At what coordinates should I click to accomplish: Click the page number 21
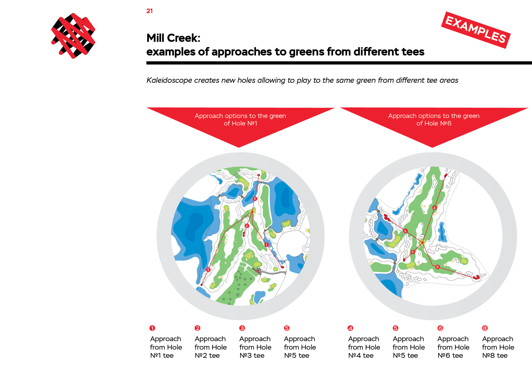pyautogui.click(x=150, y=11)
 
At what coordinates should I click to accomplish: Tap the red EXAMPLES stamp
pyautogui.click(x=476, y=30)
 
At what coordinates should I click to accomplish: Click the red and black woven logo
pyautogui.click(x=73, y=36)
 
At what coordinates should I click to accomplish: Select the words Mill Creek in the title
pyautogui.click(x=173, y=38)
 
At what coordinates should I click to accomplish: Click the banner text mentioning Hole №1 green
pyautogui.click(x=240, y=119)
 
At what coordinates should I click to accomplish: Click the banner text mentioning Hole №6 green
pyautogui.click(x=434, y=119)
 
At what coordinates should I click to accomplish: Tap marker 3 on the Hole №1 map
pyautogui.click(x=208, y=270)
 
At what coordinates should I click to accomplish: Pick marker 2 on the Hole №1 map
pyautogui.click(x=247, y=226)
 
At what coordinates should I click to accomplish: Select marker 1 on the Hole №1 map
pyautogui.click(x=266, y=244)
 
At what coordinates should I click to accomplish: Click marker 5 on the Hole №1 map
pyautogui.click(x=255, y=199)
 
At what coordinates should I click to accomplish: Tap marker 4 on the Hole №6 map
pyautogui.click(x=434, y=208)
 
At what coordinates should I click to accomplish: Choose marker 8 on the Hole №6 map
pyautogui.click(x=437, y=267)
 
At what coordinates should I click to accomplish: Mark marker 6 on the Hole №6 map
pyautogui.click(x=405, y=231)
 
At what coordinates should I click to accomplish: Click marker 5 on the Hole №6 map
pyautogui.click(x=412, y=252)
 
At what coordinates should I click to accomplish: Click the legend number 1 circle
pyautogui.click(x=152, y=328)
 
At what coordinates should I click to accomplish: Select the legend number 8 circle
pyautogui.click(x=485, y=328)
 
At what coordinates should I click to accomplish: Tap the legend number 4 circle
pyautogui.click(x=350, y=328)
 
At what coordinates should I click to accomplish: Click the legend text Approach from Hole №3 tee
pyautogui.click(x=255, y=347)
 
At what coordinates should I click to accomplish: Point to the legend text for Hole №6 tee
pyautogui.click(x=453, y=347)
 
